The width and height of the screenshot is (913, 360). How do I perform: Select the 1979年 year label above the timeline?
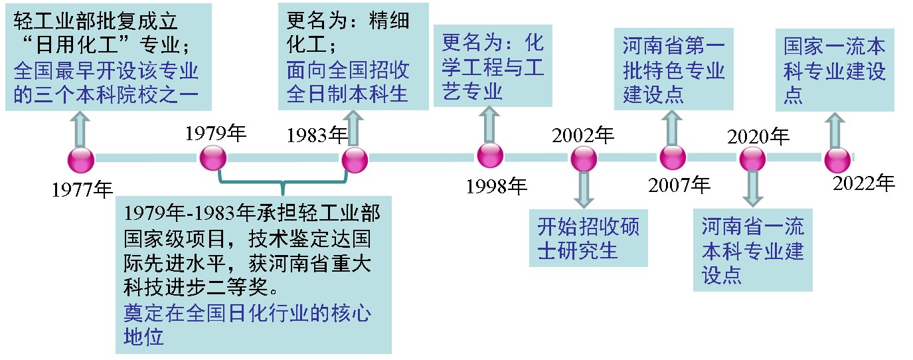(215, 134)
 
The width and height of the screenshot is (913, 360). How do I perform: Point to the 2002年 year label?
(583, 135)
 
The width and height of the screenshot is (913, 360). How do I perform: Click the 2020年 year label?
(758, 137)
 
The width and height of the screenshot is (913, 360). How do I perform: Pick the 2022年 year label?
(864, 183)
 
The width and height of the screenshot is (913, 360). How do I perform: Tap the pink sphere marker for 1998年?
(490, 155)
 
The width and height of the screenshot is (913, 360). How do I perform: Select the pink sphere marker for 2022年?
(837, 160)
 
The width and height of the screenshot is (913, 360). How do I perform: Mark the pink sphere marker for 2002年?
(584, 159)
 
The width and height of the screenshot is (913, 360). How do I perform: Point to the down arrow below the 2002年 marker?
(584, 190)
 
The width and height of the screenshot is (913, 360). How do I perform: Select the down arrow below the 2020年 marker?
(753, 189)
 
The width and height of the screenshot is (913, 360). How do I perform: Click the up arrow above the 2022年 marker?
(835, 130)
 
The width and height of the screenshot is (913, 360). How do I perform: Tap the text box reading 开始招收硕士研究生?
(588, 238)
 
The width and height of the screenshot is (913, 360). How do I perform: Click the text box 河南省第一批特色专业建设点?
(674, 70)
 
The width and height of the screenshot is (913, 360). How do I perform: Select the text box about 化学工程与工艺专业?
(492, 68)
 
